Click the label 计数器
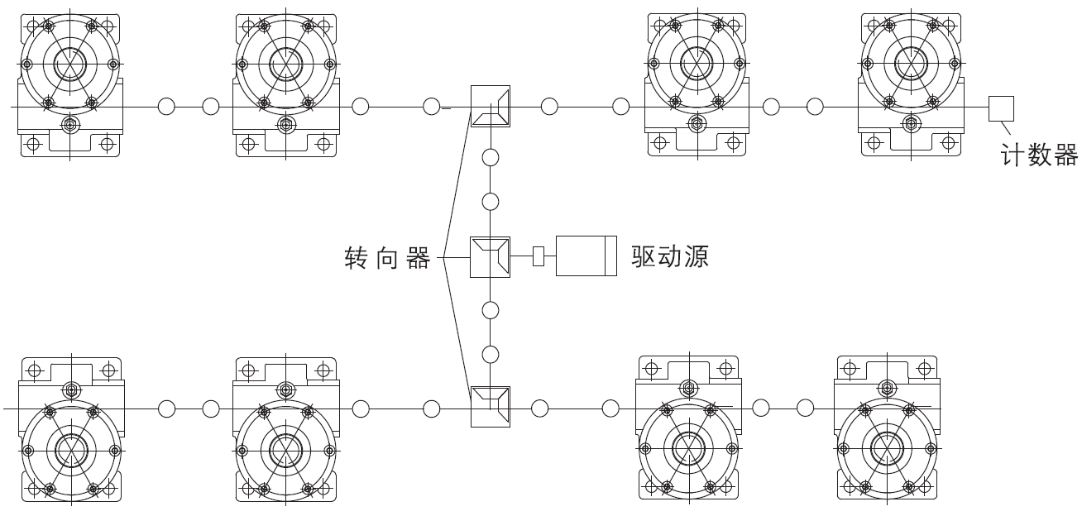pyautogui.click(x=1040, y=154)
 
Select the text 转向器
pyautogui.click(x=387, y=259)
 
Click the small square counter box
pyautogui.click(x=1002, y=107)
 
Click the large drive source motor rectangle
pyautogui.click(x=586, y=256)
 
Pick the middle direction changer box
pyautogui.click(x=491, y=256)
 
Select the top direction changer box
pyautogui.click(x=491, y=107)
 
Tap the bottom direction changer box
pyautogui.click(x=491, y=407)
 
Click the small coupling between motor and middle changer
pyautogui.click(x=539, y=256)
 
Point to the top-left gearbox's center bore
pyautogui.click(x=70, y=63)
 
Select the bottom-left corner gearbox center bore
pyautogui.click(x=70, y=451)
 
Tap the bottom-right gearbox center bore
pyautogui.click(x=886, y=447)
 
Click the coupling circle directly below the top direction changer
pyautogui.click(x=491, y=156)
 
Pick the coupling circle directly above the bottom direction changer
pyautogui.click(x=491, y=354)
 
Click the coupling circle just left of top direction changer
pyautogui.click(x=432, y=107)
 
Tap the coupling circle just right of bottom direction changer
pyautogui.click(x=540, y=407)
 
